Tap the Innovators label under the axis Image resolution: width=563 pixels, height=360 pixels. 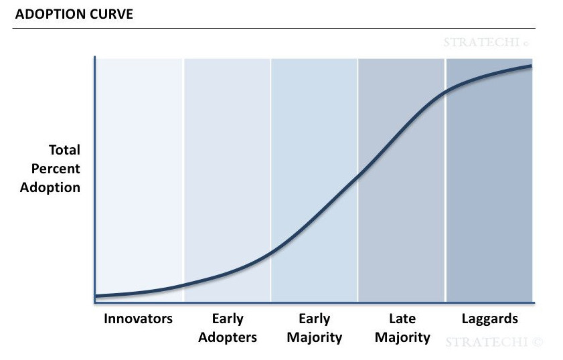click(x=138, y=319)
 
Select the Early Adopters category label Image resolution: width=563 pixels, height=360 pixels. click(x=228, y=327)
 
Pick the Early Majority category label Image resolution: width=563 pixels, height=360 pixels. click(x=314, y=327)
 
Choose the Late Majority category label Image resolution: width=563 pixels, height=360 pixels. click(x=402, y=327)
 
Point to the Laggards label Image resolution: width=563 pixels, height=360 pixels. click(x=490, y=319)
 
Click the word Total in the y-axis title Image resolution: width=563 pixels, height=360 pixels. click(x=64, y=150)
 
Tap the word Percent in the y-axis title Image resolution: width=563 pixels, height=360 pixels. click(x=56, y=169)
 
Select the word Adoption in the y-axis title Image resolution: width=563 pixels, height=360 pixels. click(x=50, y=187)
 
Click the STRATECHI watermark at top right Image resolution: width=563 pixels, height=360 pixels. click(x=486, y=42)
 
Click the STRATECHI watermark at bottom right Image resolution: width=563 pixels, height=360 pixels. click(x=494, y=342)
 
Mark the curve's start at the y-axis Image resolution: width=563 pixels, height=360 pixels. click(x=96, y=296)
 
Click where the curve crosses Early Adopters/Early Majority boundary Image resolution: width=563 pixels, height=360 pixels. click(x=271, y=252)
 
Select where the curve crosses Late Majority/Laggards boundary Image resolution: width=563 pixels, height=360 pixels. click(x=445, y=90)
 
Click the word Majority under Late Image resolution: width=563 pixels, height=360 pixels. click(x=402, y=337)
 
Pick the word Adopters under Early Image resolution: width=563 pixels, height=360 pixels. click(x=228, y=337)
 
